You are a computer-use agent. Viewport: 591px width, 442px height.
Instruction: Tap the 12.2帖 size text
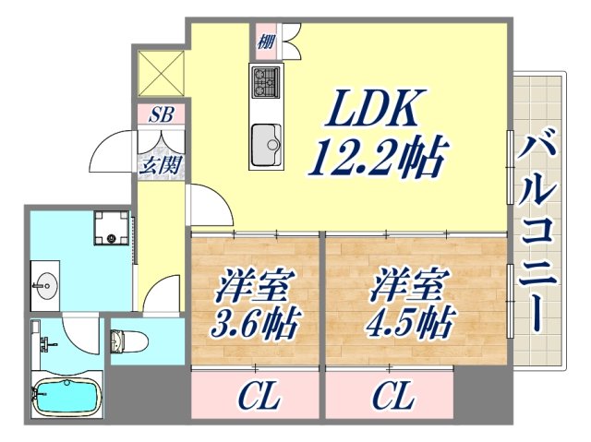378,158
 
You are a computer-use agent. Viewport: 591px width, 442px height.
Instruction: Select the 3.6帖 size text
248,322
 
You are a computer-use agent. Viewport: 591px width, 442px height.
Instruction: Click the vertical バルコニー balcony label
545,231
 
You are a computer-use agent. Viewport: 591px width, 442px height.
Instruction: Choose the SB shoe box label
162,114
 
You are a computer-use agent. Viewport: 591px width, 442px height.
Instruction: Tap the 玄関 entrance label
161,166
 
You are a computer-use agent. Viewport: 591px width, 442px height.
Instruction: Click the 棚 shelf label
265,40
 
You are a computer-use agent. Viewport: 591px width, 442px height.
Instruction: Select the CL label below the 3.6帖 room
259,398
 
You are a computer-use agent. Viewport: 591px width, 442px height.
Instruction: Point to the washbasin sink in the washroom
43,284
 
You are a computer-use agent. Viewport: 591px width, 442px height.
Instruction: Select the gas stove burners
266,83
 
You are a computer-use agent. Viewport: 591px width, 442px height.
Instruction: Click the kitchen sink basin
267,141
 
